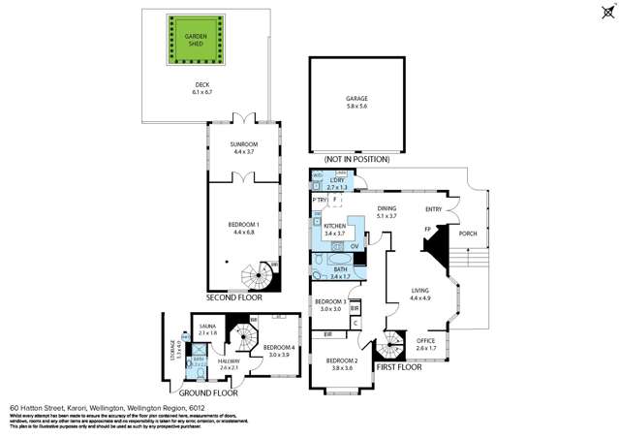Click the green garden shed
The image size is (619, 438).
pyautogui.click(x=196, y=42)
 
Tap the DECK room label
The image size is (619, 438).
pyautogui.click(x=201, y=88)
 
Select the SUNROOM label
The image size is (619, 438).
pyautogui.click(x=242, y=148)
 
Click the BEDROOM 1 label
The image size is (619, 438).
pyautogui.click(x=242, y=229)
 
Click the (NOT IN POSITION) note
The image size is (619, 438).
pyautogui.click(x=357, y=159)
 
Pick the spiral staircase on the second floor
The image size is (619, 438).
pyautogui.click(x=259, y=279)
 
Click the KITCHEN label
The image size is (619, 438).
pyautogui.click(x=334, y=229)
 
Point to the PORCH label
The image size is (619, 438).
pyautogui.click(x=468, y=234)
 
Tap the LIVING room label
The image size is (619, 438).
pyautogui.click(x=419, y=293)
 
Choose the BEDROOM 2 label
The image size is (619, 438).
pyautogui.click(x=344, y=364)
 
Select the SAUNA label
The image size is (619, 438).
pyautogui.click(x=207, y=329)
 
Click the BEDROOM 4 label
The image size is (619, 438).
pyautogui.click(x=279, y=350)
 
